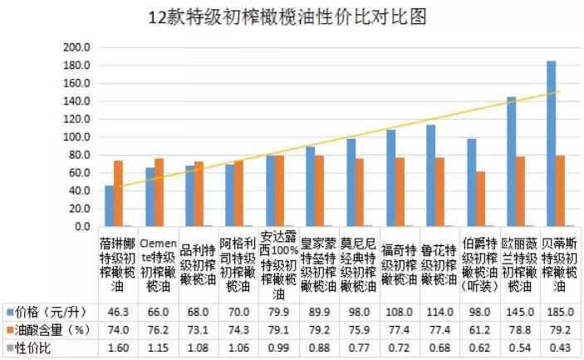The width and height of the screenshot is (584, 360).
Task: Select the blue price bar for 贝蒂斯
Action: click(x=551, y=143)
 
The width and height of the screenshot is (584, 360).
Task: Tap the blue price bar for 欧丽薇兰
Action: click(x=511, y=161)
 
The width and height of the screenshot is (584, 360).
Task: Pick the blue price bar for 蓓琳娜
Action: click(x=109, y=205)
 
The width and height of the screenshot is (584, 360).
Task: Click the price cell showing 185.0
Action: click(x=561, y=312)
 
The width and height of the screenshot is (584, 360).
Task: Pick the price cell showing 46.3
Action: click(x=118, y=312)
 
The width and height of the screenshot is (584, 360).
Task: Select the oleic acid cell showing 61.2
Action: click(x=480, y=330)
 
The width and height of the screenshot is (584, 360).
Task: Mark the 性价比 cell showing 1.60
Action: click(x=118, y=348)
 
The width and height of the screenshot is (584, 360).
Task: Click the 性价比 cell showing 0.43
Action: click(x=561, y=348)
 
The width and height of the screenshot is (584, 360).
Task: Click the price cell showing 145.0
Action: click(x=520, y=312)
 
